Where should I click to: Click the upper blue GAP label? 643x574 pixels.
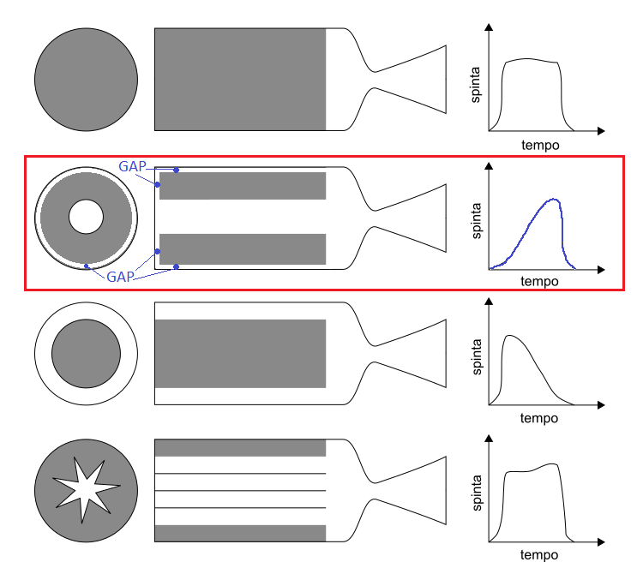pyautogui.click(x=133, y=166)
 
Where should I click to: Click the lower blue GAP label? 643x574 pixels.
pyautogui.click(x=121, y=278)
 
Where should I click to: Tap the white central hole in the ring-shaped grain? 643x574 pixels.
pyautogui.click(x=86, y=217)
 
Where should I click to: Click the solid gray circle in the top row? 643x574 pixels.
pyautogui.click(x=86, y=80)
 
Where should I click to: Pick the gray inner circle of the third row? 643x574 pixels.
pyautogui.click(x=86, y=354)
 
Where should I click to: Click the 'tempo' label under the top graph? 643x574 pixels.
pyautogui.click(x=540, y=145)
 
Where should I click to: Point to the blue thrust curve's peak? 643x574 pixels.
pyautogui.click(x=556, y=200)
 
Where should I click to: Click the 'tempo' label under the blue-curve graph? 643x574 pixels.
pyautogui.click(x=539, y=280)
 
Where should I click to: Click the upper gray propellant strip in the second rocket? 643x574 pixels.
pyautogui.click(x=243, y=186)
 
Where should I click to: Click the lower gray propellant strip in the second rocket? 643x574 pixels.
pyautogui.click(x=243, y=248)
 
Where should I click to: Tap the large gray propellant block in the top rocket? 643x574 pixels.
pyautogui.click(x=240, y=80)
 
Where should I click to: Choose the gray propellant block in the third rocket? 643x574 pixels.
pyautogui.click(x=240, y=354)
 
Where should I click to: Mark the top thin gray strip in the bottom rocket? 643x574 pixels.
pyautogui.click(x=240, y=447)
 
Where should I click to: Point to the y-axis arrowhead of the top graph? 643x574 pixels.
pyautogui.click(x=490, y=27)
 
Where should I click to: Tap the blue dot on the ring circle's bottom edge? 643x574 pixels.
pyautogui.click(x=87, y=266)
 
